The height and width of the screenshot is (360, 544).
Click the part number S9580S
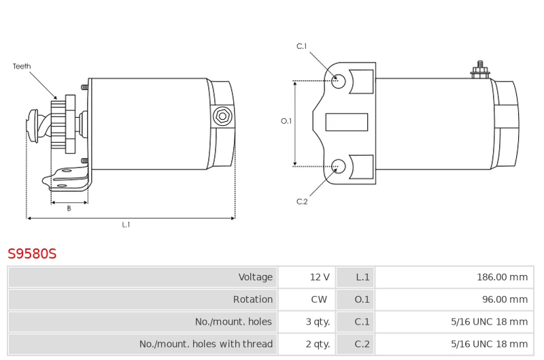[32, 255]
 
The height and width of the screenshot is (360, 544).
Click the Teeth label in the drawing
[22, 67]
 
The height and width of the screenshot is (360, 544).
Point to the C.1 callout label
[302, 46]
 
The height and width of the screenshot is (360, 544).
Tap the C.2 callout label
[302, 201]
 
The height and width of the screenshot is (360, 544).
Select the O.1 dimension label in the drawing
[286, 121]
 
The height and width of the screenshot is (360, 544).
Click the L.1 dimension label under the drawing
[126, 225]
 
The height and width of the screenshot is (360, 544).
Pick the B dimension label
[69, 208]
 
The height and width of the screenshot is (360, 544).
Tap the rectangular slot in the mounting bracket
[347, 122]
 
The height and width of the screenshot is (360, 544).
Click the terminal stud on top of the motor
[480, 69]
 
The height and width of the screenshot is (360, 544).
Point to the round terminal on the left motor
[221, 116]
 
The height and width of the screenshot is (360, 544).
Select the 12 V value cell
[320, 277]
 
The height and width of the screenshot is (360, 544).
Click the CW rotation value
[320, 299]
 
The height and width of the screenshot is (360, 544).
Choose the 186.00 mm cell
[502, 277]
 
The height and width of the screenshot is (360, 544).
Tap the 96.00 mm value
[505, 299]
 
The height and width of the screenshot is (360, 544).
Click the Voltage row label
[255, 277]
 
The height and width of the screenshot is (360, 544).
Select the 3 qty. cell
[318, 322]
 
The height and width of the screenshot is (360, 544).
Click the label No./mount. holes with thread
[205, 344]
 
